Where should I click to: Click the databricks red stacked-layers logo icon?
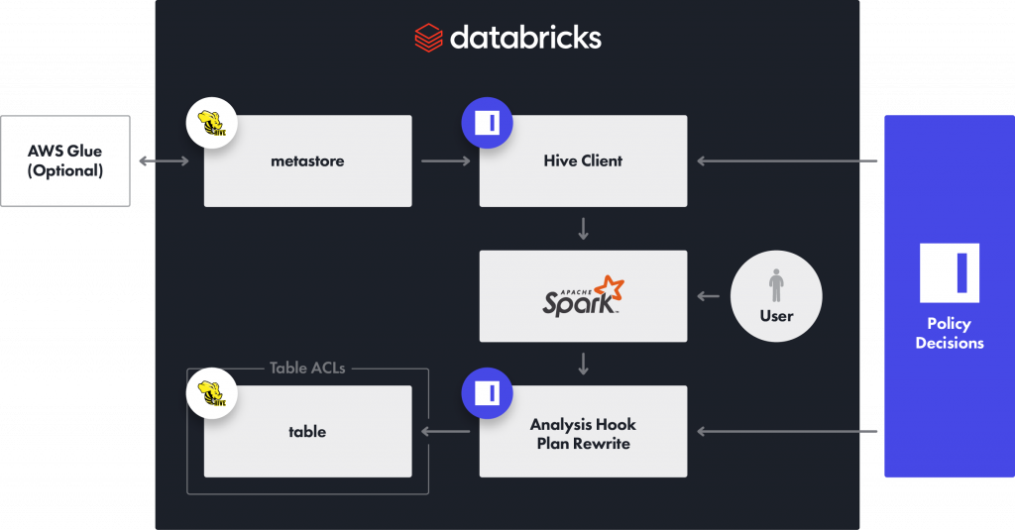pyautogui.click(x=428, y=38)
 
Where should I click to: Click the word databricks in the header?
pyautogui.click(x=525, y=38)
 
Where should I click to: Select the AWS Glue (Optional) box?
pyautogui.click(x=65, y=160)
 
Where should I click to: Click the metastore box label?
pyautogui.click(x=307, y=160)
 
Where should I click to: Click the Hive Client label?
pyautogui.click(x=583, y=160)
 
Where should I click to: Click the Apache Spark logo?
pyautogui.click(x=583, y=296)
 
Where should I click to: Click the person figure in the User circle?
pyautogui.click(x=776, y=285)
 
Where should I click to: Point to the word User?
pyautogui.click(x=776, y=316)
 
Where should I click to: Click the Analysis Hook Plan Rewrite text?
pyautogui.click(x=583, y=433)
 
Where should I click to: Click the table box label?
pyautogui.click(x=307, y=432)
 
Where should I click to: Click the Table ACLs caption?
pyautogui.click(x=307, y=369)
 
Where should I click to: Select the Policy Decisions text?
pyautogui.click(x=949, y=334)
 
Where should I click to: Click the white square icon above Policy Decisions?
pyautogui.click(x=949, y=272)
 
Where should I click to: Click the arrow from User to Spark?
pyautogui.click(x=708, y=296)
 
